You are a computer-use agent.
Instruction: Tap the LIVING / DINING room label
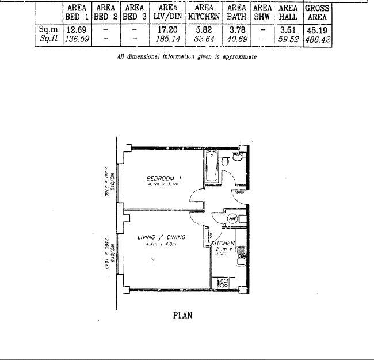pos(161,237)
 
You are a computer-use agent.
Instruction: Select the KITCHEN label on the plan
pos(224,244)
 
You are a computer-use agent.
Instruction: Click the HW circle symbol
pos(232,219)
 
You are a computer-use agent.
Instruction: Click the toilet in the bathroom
pos(228,162)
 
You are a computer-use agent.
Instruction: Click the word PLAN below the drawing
pos(183,315)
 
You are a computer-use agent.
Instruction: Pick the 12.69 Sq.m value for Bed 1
pos(77,30)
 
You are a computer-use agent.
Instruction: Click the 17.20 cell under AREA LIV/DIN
pos(167,30)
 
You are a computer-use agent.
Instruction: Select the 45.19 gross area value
pos(317,30)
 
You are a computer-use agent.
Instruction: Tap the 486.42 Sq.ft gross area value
pos(317,40)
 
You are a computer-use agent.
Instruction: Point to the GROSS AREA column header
pos(317,13)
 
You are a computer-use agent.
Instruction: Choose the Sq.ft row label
pos(49,40)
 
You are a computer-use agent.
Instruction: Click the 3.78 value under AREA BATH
pos(236,30)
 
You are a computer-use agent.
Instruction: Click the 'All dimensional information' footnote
pos(186,56)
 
